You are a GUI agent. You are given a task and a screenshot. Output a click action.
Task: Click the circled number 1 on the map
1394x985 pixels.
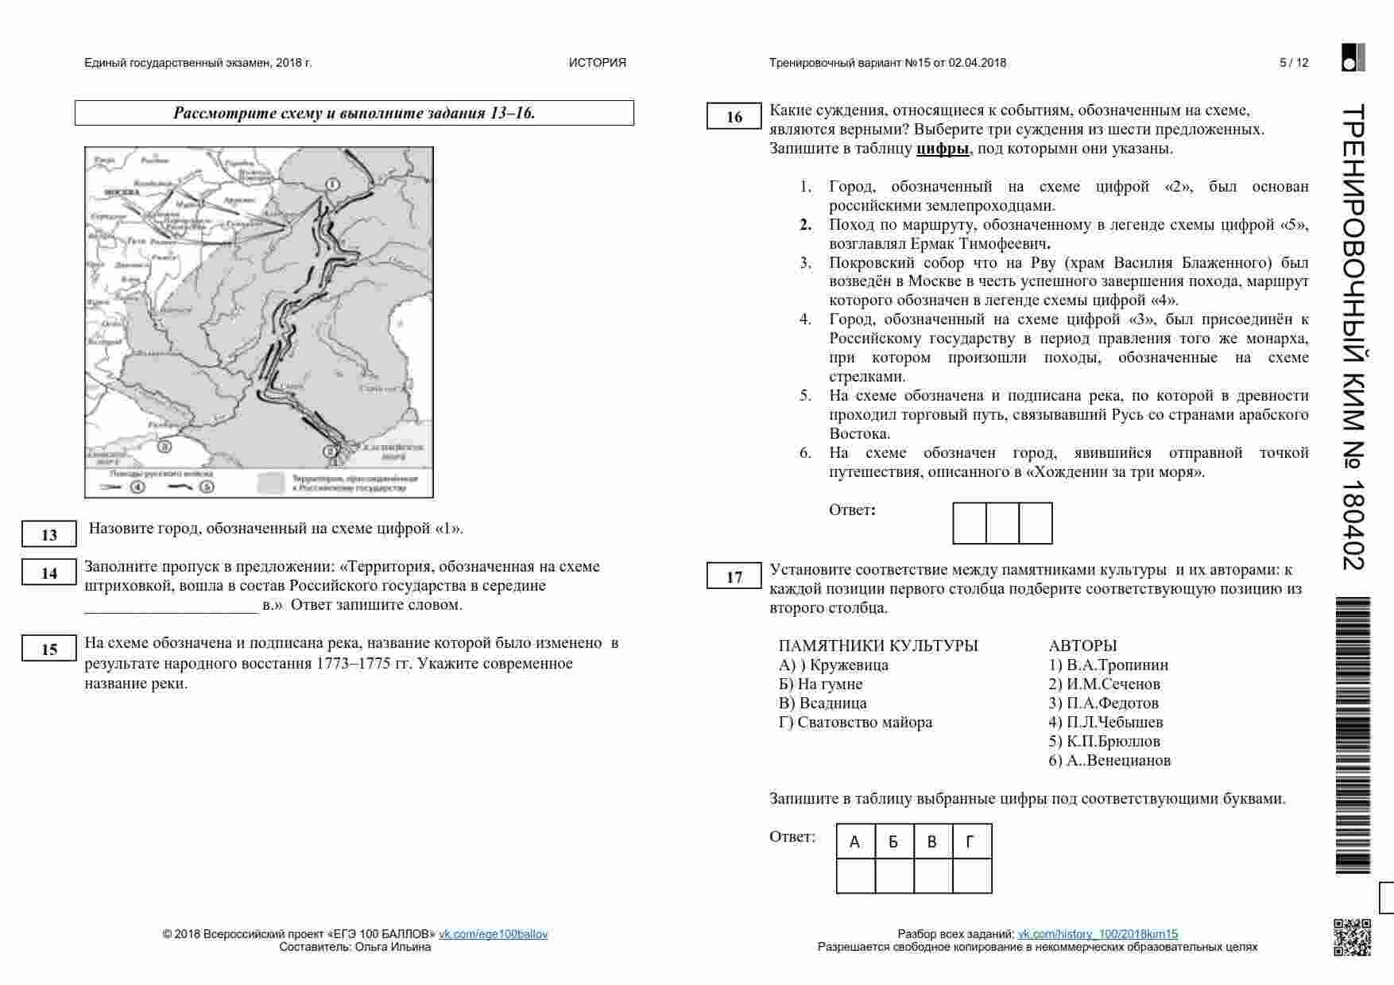click(333, 184)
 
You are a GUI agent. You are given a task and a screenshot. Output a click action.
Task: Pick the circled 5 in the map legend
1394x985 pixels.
click(207, 487)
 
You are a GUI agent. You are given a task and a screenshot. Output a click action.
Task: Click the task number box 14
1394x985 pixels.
click(49, 573)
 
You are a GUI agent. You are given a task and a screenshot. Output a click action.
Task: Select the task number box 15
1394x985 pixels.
click(49, 650)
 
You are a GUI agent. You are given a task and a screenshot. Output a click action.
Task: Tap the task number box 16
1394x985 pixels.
click(734, 117)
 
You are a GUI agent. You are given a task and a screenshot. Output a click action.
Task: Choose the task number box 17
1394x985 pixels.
click(734, 577)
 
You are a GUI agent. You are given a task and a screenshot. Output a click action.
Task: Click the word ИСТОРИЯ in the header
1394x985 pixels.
click(597, 63)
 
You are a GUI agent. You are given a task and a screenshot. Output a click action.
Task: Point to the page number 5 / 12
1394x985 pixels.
click(1294, 63)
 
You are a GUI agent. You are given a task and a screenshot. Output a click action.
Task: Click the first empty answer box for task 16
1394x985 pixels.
click(970, 523)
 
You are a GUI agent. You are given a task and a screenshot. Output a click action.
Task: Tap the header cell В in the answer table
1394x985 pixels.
click(933, 842)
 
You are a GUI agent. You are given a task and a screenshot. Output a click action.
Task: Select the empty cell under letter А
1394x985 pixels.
click(856, 876)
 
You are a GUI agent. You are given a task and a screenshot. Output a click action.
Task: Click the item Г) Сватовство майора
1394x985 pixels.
click(855, 723)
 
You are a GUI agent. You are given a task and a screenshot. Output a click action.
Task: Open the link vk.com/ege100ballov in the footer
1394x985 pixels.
click(493, 934)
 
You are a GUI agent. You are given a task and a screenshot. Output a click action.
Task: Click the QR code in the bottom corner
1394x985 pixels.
click(1352, 937)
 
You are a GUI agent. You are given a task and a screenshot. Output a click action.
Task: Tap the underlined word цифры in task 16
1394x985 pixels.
click(943, 149)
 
